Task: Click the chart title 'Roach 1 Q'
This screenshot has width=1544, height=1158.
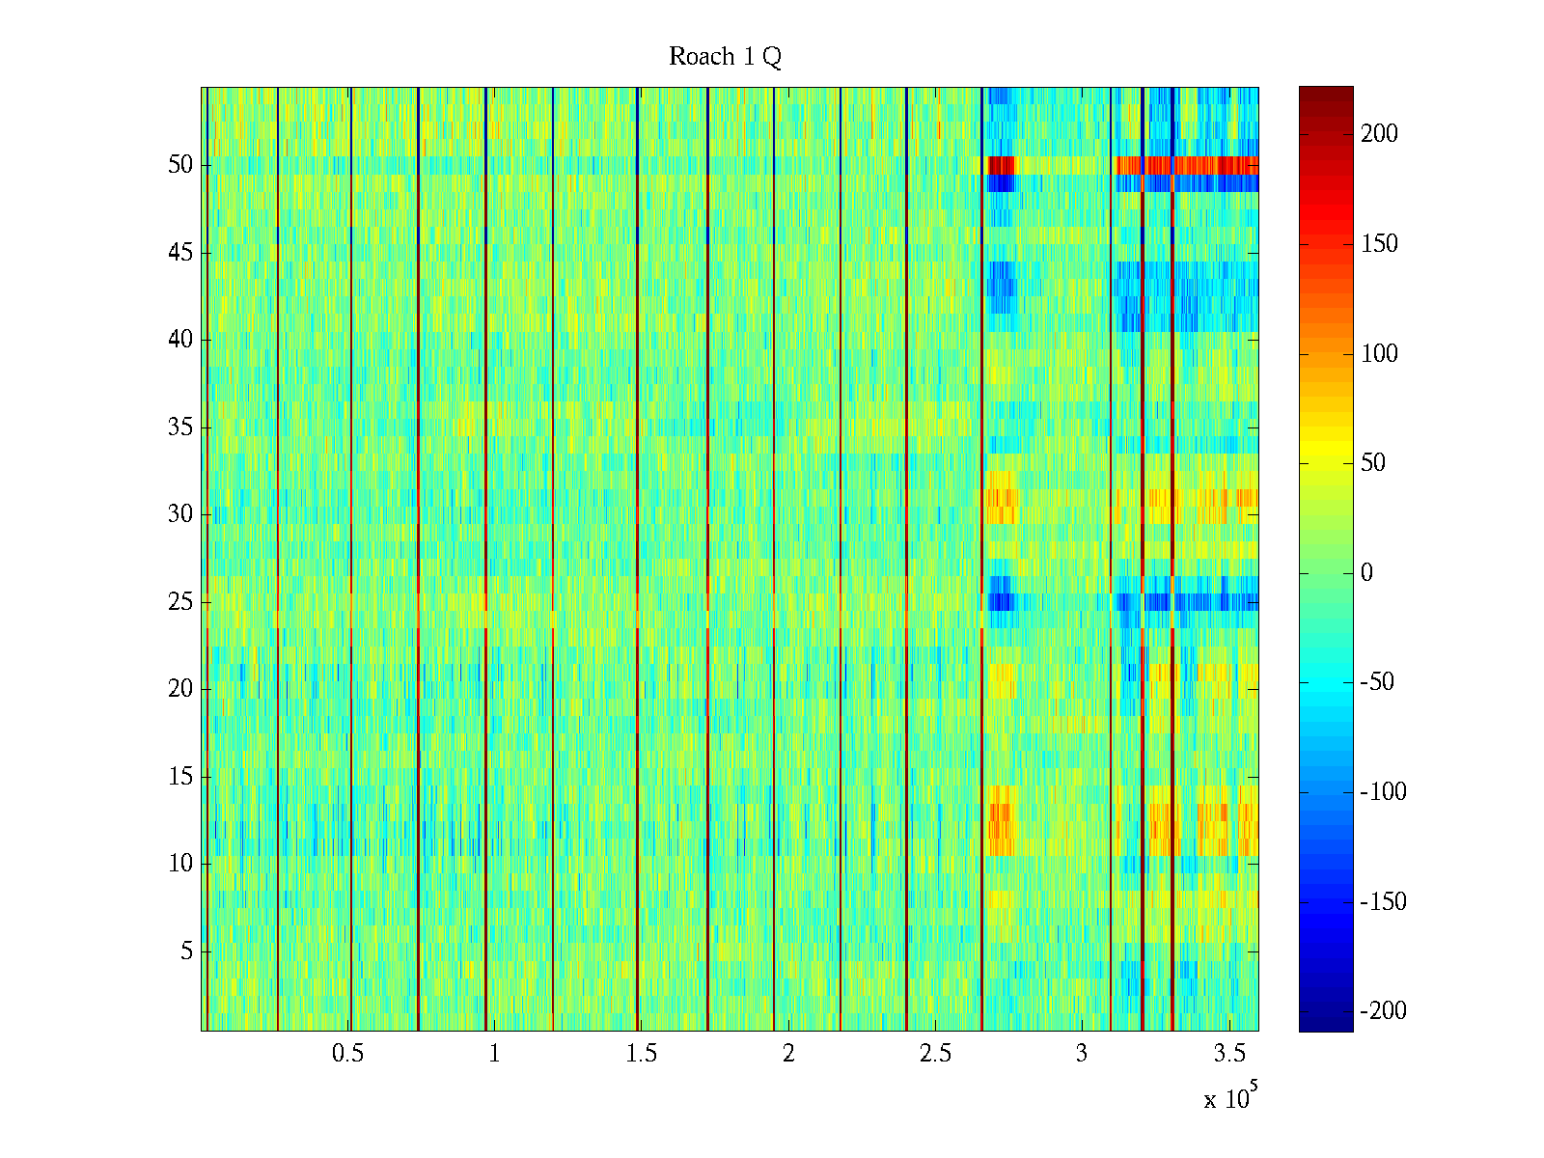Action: click(x=725, y=57)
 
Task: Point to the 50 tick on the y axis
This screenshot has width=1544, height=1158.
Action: click(x=180, y=165)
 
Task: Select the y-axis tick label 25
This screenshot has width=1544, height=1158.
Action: click(x=180, y=602)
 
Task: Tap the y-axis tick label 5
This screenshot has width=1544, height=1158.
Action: click(x=186, y=951)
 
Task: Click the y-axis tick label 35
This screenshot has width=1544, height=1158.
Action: click(x=180, y=427)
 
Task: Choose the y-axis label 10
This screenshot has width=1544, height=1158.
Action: click(x=180, y=864)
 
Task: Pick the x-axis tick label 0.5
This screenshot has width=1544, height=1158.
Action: click(x=347, y=1054)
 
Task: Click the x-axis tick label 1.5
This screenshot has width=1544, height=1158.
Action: click(x=642, y=1054)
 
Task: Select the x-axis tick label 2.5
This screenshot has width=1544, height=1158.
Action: click(x=935, y=1054)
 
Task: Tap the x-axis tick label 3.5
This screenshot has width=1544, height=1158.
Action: click(x=1229, y=1054)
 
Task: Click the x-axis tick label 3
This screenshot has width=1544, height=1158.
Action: click(x=1082, y=1054)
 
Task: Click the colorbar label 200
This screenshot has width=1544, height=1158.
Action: click(x=1379, y=134)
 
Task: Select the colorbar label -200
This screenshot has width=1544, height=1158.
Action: click(x=1383, y=1011)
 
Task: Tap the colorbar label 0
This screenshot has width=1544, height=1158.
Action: click(x=1366, y=573)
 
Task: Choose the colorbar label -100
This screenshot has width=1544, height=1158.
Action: click(x=1383, y=792)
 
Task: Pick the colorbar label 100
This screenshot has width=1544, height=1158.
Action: click(x=1379, y=354)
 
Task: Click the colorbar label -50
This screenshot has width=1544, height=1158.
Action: click(x=1378, y=682)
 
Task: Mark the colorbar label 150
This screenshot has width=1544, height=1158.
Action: click(x=1379, y=244)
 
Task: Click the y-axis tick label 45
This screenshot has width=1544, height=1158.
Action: click(x=180, y=253)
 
